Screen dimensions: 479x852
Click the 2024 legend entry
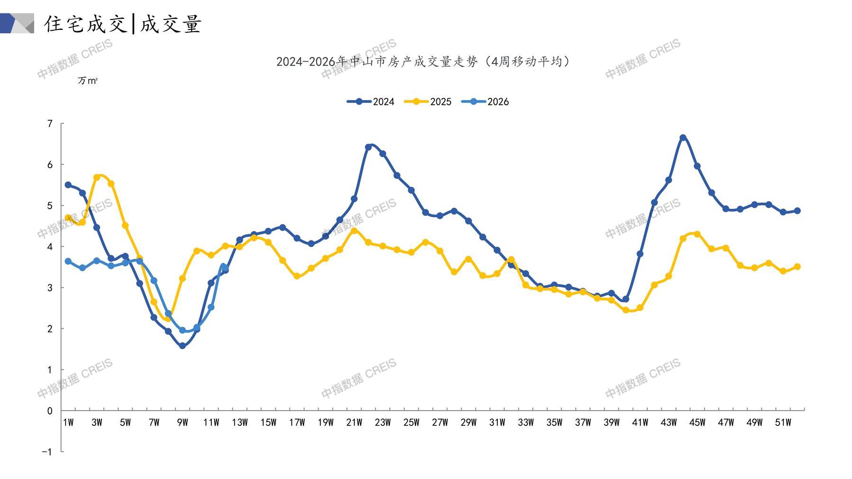371,101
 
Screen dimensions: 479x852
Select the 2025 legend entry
428,101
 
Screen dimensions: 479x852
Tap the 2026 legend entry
485,101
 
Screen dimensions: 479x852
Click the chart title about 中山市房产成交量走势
423,62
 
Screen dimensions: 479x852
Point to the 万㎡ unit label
88,81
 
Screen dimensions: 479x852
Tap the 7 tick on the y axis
50,124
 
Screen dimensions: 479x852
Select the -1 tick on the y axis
47,452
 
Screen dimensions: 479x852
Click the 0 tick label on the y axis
50,411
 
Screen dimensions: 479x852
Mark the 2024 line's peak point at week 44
683,138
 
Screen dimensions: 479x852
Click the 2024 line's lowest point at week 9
183,346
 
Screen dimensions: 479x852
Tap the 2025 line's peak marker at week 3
97,177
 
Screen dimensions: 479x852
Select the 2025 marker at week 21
354,230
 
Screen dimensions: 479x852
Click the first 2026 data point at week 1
68,261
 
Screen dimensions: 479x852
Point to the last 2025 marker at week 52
797,267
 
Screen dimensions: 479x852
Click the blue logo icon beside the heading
17,23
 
